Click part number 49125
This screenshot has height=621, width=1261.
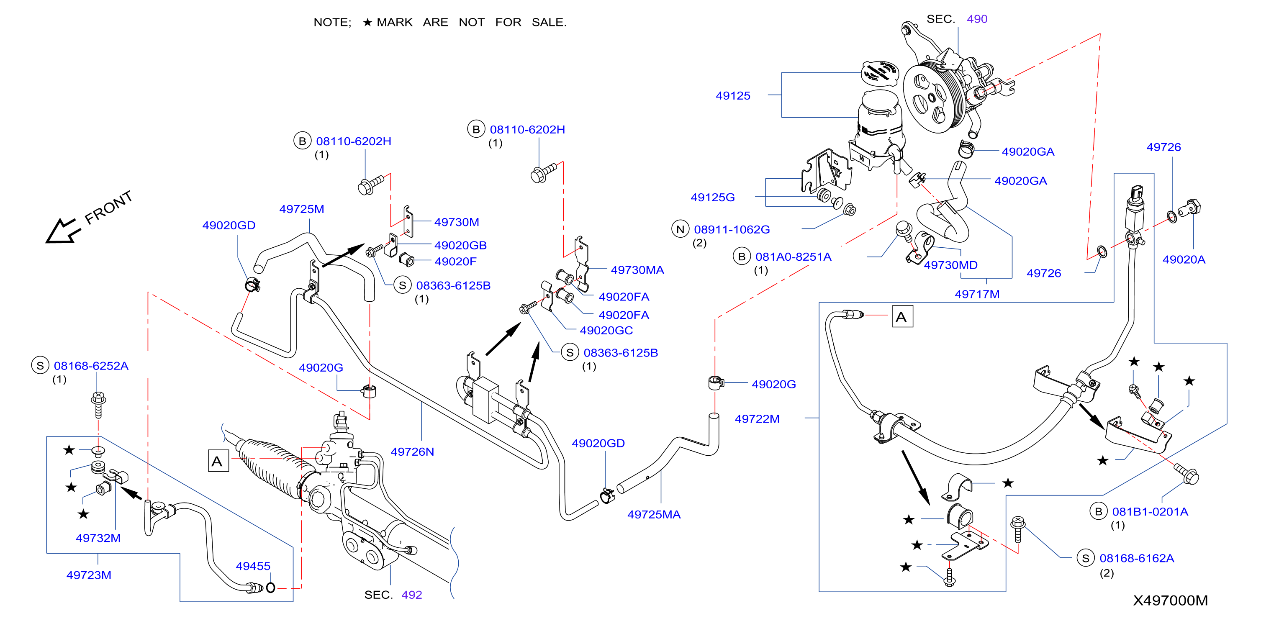tap(733, 96)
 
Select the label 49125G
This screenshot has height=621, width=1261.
tap(713, 198)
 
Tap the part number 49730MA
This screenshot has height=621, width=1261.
tap(637, 270)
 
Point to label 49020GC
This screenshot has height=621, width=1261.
tap(606, 331)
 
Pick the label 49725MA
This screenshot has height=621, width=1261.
tap(654, 515)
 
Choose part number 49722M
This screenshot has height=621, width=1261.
tap(757, 419)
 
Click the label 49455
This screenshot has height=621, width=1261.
tap(253, 567)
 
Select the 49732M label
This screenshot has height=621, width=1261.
tap(98, 538)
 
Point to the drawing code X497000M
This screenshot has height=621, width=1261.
tap(1171, 601)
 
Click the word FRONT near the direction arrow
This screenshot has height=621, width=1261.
tap(109, 208)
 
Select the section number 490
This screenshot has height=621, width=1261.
tap(977, 19)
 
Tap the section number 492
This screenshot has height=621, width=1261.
tap(412, 595)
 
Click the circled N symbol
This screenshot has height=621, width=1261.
tap(681, 229)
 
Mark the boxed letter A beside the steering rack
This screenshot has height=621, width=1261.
tap(218, 461)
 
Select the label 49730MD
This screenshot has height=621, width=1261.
tap(950, 265)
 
